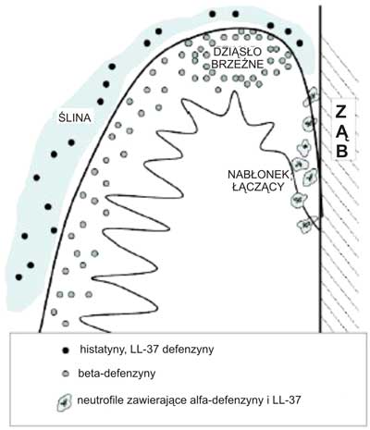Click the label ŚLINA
[75, 117]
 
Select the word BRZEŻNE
[238, 64]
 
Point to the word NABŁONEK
[258, 175]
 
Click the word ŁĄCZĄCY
[258, 187]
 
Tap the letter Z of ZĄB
[341, 112]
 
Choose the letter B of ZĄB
[342, 151]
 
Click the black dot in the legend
[65, 350]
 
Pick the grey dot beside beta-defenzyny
[65, 375]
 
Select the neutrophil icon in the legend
[64, 402]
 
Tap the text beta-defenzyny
[117, 374]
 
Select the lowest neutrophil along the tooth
[305, 224]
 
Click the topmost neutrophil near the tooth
[312, 96]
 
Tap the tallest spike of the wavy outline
[234, 92]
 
